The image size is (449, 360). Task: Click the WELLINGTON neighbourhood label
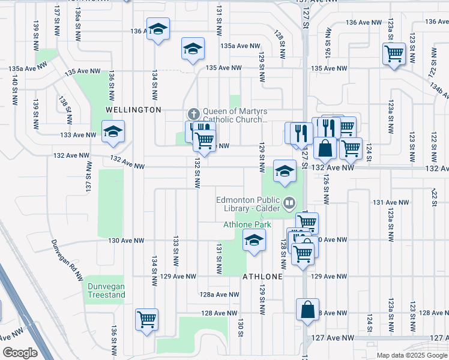[133, 110]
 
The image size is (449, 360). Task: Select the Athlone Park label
[247, 224]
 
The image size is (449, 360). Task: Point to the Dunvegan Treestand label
[106, 290]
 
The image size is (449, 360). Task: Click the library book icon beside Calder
[289, 204]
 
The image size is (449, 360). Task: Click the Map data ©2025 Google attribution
[412, 355]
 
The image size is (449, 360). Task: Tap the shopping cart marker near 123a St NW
[394, 54]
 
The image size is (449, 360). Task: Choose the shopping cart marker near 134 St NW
[146, 319]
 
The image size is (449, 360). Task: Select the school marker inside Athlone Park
[255, 241]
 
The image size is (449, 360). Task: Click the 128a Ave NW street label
[219, 295]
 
